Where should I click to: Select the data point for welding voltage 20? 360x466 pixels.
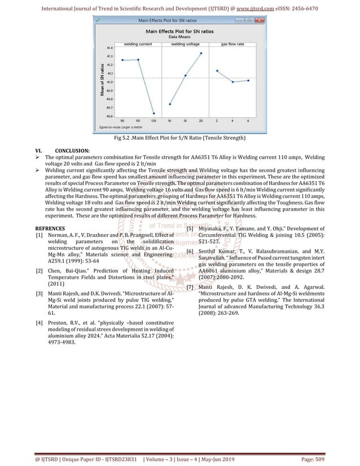tap(201, 54)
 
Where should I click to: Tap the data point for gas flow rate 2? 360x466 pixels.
tap(217, 71)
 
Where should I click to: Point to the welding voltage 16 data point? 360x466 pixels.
tap(170, 104)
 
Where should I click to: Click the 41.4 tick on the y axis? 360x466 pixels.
tap(108, 48)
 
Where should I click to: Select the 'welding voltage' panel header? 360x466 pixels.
tap(186, 43)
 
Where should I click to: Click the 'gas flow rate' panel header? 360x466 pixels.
tap(232, 43)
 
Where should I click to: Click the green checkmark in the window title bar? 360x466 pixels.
tap(99, 20)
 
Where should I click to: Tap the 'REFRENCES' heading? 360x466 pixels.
tap(50, 228)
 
